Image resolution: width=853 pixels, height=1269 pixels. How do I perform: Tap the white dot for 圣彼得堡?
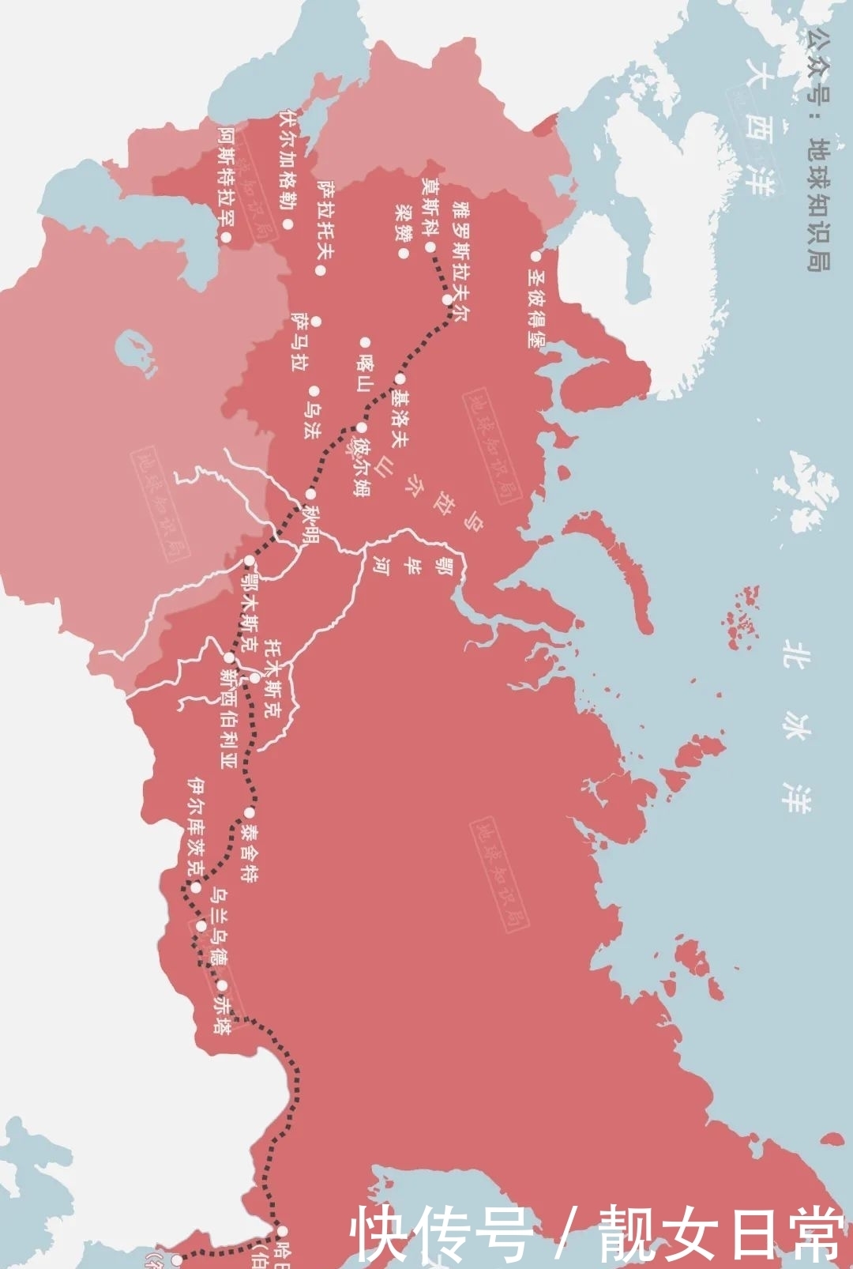(535, 256)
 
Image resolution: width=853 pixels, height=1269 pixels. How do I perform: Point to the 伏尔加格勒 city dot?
(288, 224)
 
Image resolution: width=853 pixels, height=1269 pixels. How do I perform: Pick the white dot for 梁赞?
(404, 254)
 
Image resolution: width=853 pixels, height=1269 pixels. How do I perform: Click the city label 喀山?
(364, 372)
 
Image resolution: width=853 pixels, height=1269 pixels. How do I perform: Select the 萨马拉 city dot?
(316, 322)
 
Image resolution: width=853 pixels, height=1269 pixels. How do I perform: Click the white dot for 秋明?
(310, 495)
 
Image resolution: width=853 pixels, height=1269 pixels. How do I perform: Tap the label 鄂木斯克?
(250, 612)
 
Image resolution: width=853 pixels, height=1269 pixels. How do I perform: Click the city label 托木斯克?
(272, 679)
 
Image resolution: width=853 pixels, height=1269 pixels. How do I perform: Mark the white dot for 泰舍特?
(249, 813)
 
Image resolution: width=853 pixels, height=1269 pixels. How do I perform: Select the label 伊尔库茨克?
(196, 826)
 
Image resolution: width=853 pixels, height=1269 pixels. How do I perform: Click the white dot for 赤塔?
(223, 985)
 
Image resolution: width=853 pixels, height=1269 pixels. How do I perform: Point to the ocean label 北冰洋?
(795, 726)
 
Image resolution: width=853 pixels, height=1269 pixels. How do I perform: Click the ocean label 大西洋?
(758, 126)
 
